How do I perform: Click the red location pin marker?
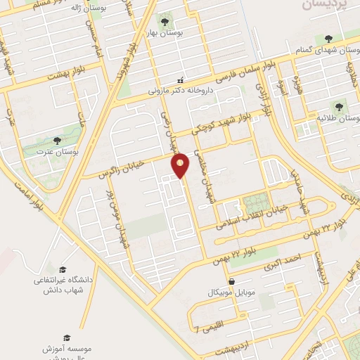(x=181, y=165)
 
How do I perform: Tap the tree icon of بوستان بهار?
(x=166, y=20)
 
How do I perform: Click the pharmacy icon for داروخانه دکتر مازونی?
(x=180, y=79)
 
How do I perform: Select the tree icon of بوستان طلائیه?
(x=340, y=107)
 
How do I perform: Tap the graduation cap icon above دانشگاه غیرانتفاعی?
(x=63, y=269)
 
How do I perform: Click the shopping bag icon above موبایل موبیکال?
(x=231, y=281)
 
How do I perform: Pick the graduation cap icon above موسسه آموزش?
(x=66, y=338)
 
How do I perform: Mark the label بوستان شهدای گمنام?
(x=325, y=47)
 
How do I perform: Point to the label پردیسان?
(x=325, y=5)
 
